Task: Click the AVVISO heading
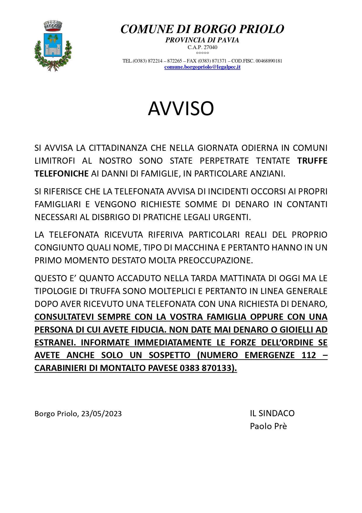(x=181, y=108)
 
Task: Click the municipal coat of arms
(x=53, y=46)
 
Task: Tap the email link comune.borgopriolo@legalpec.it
(x=202, y=67)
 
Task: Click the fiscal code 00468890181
(x=269, y=61)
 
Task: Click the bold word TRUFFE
(x=312, y=161)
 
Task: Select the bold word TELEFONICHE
(x=61, y=174)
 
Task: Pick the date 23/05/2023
(x=101, y=414)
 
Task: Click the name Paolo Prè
(x=268, y=426)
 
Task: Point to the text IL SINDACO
(x=272, y=413)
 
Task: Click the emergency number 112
(x=309, y=355)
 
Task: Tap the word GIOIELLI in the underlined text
(x=296, y=330)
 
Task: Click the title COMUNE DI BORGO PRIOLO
(x=202, y=29)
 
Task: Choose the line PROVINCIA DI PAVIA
(x=202, y=40)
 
